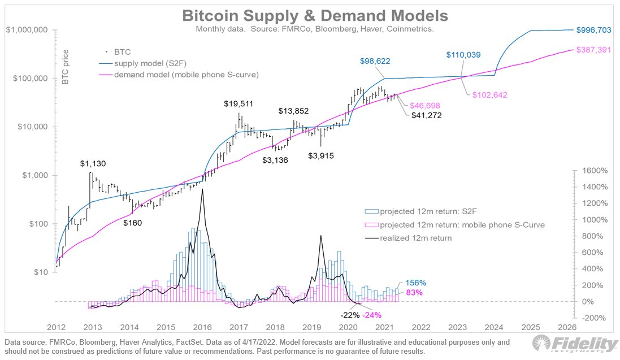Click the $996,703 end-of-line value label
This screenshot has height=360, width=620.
pos(593,29)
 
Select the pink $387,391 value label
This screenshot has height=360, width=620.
pos(593,50)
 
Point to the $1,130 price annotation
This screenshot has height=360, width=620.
pos(92,164)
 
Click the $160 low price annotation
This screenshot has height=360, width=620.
pos(133,223)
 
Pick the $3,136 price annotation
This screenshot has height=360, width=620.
pos(275,160)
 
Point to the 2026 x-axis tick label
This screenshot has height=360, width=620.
pos(567,327)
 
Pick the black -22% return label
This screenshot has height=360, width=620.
pos(349,315)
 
